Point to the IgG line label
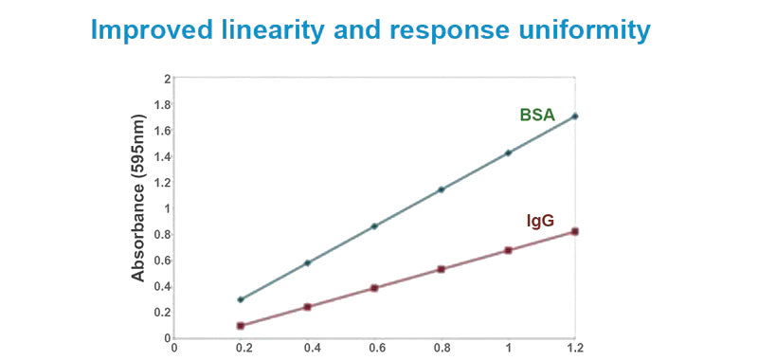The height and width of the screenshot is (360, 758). click(x=540, y=222)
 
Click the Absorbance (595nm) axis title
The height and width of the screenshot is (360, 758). click(x=138, y=207)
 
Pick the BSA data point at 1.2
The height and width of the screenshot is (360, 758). click(x=574, y=117)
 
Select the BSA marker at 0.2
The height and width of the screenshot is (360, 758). click(x=241, y=299)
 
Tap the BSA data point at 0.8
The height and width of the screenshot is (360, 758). click(x=441, y=189)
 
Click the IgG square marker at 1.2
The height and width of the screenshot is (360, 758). click(x=574, y=231)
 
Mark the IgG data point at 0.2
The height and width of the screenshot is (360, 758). click(x=241, y=326)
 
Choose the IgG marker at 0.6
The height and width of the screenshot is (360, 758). click(x=374, y=288)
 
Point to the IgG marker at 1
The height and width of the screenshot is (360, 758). click(x=508, y=250)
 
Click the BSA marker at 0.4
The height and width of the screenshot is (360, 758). click(x=308, y=262)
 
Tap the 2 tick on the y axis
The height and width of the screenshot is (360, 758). click(x=168, y=79)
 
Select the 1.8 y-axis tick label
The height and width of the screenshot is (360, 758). click(x=163, y=105)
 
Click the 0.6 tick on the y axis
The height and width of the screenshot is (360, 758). click(x=163, y=261)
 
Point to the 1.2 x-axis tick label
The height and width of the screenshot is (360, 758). click(x=573, y=348)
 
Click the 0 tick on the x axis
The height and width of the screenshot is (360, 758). click(x=174, y=348)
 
